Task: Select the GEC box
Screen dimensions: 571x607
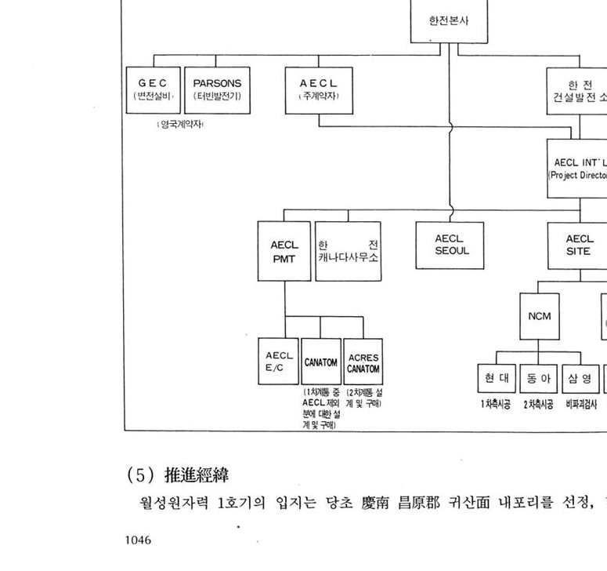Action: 153,90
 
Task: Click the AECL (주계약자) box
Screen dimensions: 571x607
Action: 318,90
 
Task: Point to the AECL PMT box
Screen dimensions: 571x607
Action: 284,251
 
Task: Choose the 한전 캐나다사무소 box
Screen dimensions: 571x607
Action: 349,251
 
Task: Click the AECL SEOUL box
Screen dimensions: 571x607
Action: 450,245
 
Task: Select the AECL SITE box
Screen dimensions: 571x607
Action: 579,245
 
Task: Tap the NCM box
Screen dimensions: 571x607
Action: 539,317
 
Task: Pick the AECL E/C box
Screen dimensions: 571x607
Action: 279,362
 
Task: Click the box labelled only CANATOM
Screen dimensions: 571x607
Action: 321,362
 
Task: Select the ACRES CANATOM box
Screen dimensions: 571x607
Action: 363,362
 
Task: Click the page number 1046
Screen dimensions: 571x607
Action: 138,540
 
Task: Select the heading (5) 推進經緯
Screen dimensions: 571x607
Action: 186,475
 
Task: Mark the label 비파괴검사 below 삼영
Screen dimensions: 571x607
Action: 581,405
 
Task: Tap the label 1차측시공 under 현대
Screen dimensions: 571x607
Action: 497,405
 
